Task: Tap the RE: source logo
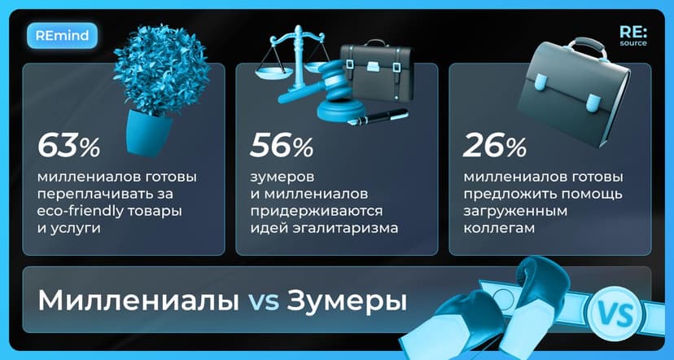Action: click(x=632, y=37)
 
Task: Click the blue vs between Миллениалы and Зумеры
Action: click(x=263, y=301)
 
